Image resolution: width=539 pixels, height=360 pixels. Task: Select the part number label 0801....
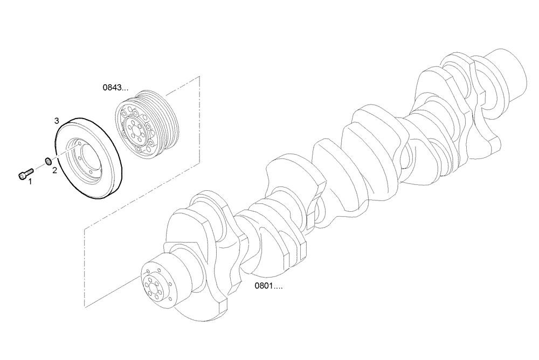click(268, 286)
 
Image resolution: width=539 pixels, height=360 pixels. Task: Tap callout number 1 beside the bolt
click(30, 182)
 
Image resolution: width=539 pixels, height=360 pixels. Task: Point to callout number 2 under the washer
click(54, 170)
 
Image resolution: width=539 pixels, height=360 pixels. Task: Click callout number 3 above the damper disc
click(57, 121)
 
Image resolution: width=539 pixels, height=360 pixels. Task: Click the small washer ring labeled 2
click(47, 160)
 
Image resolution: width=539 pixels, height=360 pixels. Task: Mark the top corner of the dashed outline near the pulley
click(199, 77)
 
